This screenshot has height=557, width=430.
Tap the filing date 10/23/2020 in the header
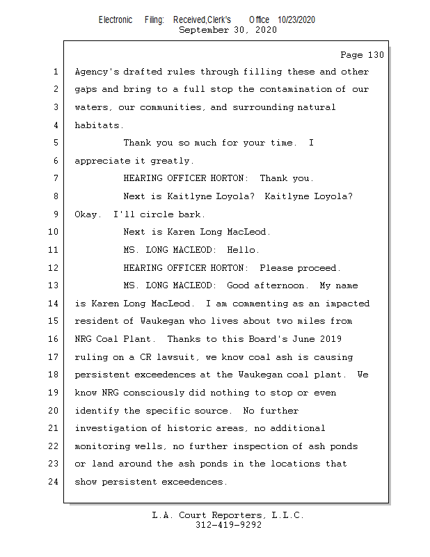296,20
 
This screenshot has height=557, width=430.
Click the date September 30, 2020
228,30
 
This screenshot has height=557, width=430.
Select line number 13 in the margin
54,285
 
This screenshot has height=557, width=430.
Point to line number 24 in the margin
54,481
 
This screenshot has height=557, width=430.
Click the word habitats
99,125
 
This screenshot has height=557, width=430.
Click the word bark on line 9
191,214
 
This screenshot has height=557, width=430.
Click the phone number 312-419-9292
228,525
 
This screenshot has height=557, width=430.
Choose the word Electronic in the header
116,20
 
